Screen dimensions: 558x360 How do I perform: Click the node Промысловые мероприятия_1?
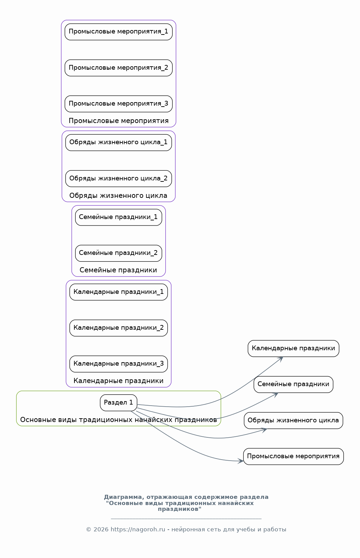[x=119, y=32]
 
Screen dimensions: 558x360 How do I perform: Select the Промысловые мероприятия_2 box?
[x=119, y=68]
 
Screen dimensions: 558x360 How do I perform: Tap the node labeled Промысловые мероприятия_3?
[x=119, y=104]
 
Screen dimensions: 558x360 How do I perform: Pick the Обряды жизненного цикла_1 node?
[x=119, y=142]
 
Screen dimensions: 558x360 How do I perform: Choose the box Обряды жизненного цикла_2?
[x=119, y=178]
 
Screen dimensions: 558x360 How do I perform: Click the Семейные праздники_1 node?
[x=119, y=217]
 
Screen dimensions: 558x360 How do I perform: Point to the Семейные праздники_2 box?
[x=119, y=253]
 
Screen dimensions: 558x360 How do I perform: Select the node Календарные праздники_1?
[x=119, y=292]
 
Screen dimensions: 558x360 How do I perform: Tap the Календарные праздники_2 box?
[x=119, y=328]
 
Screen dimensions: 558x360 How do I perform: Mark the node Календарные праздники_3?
[x=119, y=364]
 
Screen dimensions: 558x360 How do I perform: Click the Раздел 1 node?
[x=119, y=403]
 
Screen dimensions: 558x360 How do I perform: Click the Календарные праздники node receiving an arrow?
[x=293, y=349]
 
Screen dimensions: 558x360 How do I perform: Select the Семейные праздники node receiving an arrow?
[x=293, y=384]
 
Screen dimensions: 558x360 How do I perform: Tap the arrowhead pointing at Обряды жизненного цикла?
[x=264, y=430]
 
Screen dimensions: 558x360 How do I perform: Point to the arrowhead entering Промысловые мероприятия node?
[x=241, y=461]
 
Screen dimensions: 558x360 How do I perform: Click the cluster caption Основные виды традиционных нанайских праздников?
[x=119, y=420]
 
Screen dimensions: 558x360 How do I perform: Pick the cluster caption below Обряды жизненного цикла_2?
[x=119, y=196]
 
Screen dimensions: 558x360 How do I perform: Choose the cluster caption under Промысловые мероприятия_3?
[x=119, y=121]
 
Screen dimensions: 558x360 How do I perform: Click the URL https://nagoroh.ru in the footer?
[x=138, y=530]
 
